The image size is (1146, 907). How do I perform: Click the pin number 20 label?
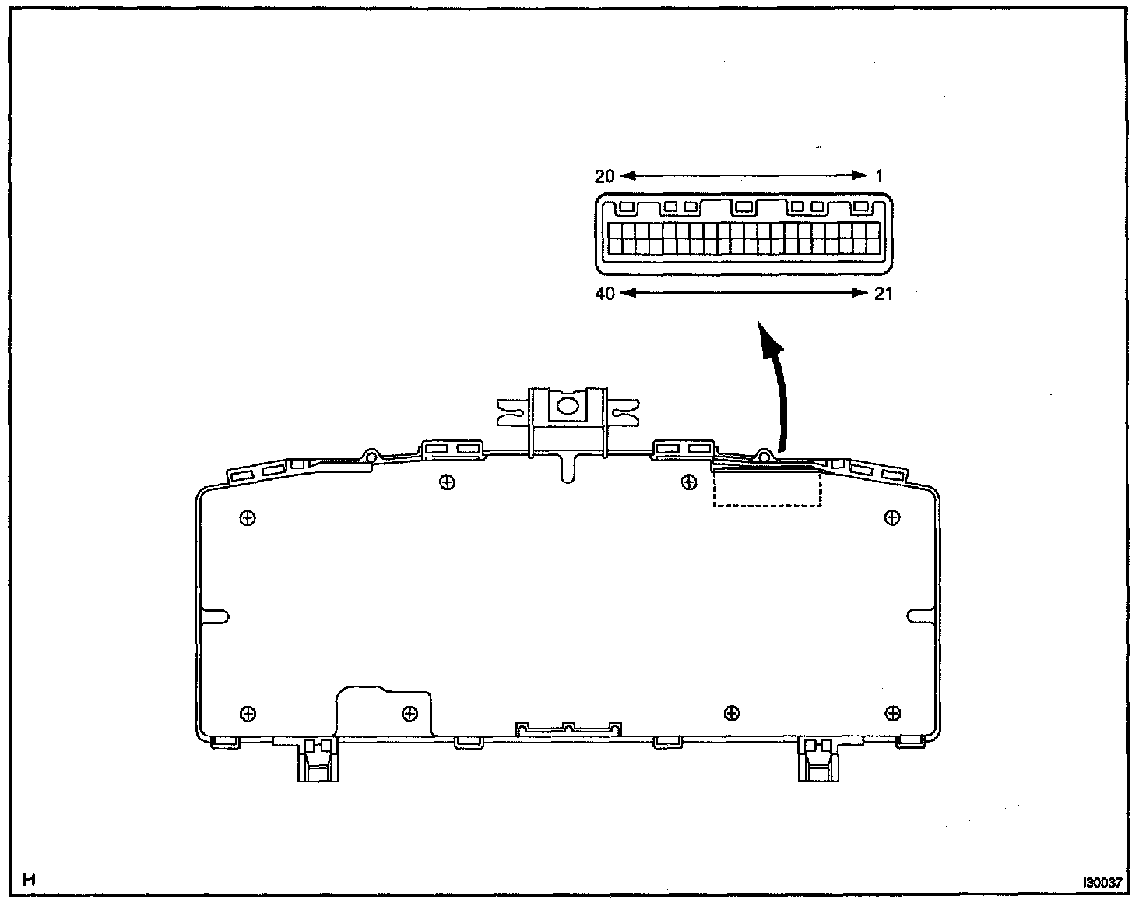[604, 176]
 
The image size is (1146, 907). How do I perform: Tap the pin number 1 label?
[880, 176]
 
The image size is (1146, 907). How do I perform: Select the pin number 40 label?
[604, 294]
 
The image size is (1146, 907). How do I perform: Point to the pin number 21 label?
[883, 294]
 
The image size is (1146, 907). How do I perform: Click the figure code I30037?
[1102, 883]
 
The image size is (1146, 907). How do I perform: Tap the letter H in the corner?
[30, 881]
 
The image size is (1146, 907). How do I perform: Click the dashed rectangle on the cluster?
[767, 488]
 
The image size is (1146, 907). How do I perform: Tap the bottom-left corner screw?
[248, 712]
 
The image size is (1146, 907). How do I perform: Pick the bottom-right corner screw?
[893, 712]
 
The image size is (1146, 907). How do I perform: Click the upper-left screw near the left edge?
[248, 517]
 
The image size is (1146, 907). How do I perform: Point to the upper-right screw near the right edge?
[892, 517]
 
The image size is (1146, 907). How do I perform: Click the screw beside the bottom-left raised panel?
[409, 712]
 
